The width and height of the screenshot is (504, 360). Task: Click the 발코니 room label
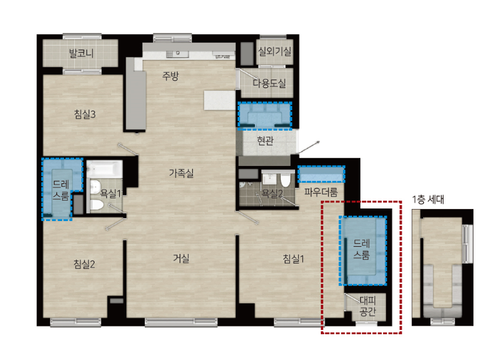(x=81, y=53)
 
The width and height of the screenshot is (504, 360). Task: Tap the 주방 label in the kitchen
(x=171, y=76)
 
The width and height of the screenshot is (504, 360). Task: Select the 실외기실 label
(x=275, y=51)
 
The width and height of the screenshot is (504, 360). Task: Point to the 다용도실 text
(x=269, y=84)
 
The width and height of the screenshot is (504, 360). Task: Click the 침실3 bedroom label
(x=85, y=114)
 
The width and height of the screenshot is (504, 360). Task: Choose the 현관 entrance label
(x=265, y=141)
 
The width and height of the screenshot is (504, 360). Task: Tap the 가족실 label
(x=181, y=173)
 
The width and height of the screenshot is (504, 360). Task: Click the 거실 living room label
(x=181, y=258)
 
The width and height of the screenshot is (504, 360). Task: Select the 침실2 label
(x=84, y=264)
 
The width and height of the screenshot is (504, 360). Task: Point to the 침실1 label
(x=293, y=259)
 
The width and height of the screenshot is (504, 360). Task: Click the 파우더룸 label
(x=321, y=192)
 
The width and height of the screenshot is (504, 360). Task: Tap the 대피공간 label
(x=368, y=306)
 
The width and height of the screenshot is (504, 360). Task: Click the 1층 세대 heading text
(x=428, y=200)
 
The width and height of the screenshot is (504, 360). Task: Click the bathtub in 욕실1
(x=105, y=168)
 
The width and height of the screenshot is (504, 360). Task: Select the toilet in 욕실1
(x=97, y=205)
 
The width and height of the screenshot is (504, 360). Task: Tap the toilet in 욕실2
(x=285, y=180)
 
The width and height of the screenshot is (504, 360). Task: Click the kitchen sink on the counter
(x=177, y=54)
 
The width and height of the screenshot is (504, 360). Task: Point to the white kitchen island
(x=220, y=101)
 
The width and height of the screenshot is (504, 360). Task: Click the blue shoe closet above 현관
(x=265, y=116)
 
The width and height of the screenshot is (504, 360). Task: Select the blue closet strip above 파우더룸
(x=321, y=174)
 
